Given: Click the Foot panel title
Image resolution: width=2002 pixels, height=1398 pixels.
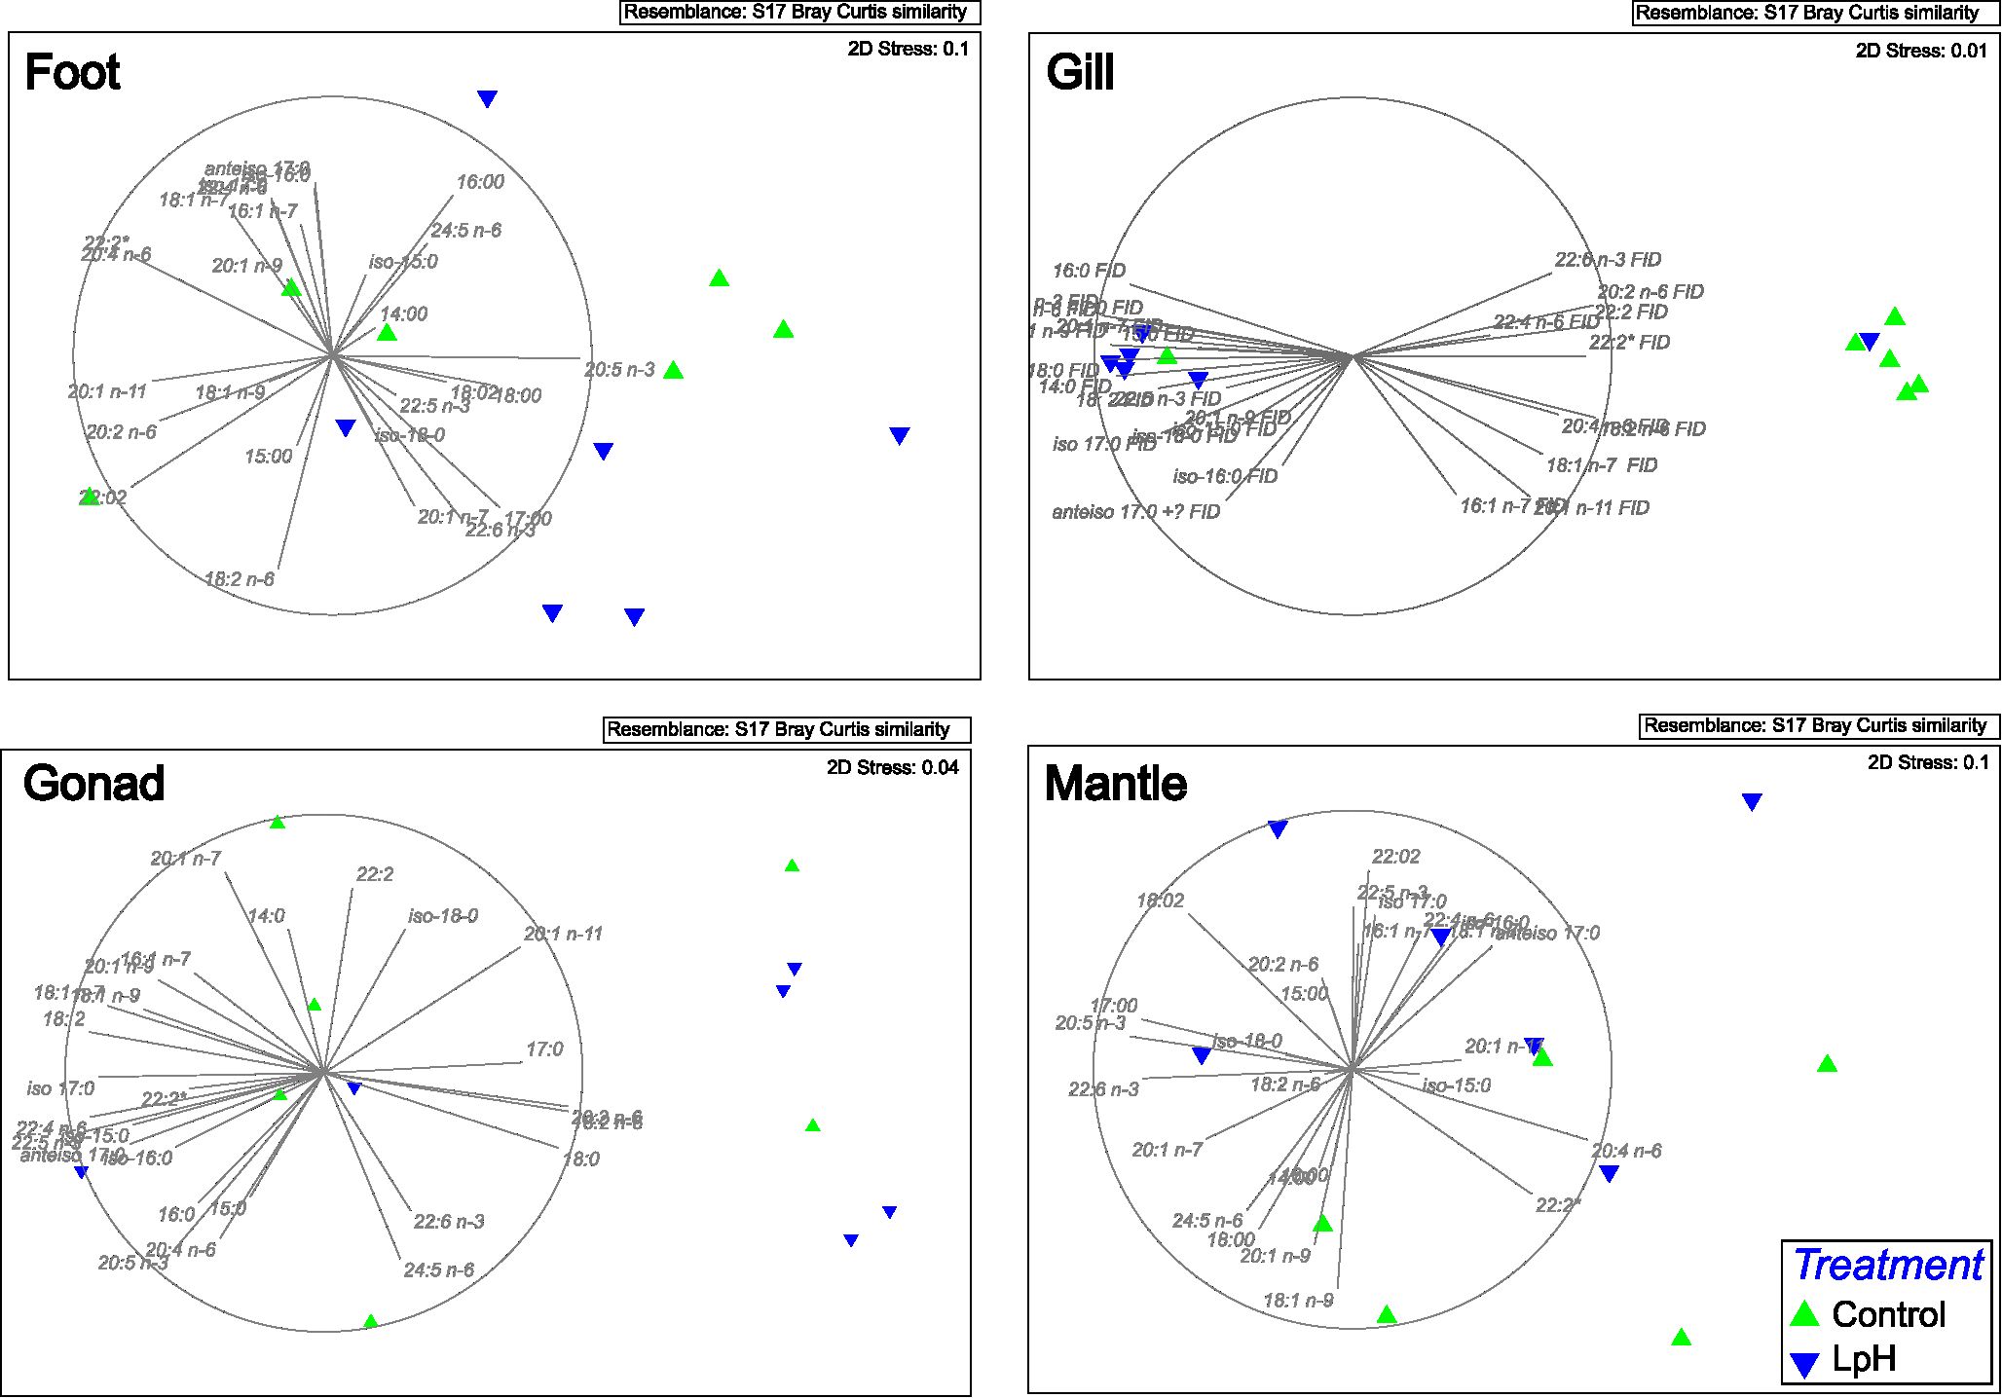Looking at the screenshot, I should (72, 73).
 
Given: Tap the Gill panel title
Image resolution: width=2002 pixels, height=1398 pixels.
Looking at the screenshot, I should (1080, 73).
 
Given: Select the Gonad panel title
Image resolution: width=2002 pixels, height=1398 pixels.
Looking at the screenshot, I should (93, 784).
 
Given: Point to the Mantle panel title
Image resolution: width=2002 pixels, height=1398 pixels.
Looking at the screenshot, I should (1115, 784).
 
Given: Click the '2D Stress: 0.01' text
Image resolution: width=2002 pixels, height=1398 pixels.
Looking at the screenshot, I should (1921, 51).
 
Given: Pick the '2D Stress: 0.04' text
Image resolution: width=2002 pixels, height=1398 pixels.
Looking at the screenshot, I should (892, 767).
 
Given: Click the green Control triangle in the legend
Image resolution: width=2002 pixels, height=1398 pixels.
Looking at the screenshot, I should (1804, 1314).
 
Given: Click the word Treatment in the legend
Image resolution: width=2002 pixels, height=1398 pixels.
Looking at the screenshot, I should (1887, 1265).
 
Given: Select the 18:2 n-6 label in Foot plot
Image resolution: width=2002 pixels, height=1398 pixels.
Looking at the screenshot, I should (240, 579).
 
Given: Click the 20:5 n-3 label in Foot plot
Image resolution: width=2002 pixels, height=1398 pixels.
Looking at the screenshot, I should (619, 370).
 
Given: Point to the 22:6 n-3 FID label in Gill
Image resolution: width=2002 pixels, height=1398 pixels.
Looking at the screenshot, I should (1608, 260).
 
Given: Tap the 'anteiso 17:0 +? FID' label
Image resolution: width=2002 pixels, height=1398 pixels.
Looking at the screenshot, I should (1135, 512).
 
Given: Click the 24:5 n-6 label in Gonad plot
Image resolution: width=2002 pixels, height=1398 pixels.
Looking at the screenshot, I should (438, 1270).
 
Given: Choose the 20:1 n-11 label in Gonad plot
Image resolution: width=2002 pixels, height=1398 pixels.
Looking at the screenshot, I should (563, 934).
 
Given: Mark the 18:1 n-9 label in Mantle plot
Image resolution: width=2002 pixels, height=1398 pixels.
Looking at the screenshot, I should (1298, 1301).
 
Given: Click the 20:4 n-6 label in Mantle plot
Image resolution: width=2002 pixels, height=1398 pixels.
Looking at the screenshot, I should (1626, 1151).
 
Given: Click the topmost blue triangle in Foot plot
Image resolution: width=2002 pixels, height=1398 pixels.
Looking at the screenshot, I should (487, 98).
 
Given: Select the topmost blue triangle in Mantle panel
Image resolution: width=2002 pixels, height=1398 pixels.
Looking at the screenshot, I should (1751, 801).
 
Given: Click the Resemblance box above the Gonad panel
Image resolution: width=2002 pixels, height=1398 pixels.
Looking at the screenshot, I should (787, 730).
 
